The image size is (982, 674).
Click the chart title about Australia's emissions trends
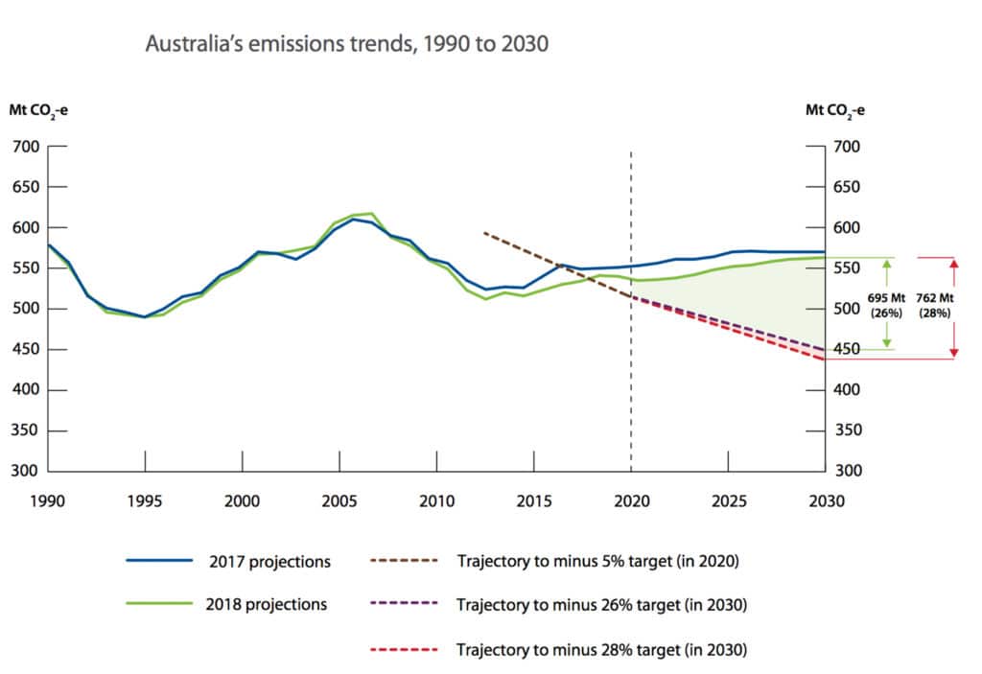[x=346, y=44]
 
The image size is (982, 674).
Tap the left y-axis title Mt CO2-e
[x=38, y=109]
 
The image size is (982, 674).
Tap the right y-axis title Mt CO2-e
[x=834, y=109]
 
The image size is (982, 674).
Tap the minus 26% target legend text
[x=601, y=605]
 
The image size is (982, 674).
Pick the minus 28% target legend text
[x=601, y=649]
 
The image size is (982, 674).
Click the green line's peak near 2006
[x=371, y=214]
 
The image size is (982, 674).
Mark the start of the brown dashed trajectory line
[x=484, y=232]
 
